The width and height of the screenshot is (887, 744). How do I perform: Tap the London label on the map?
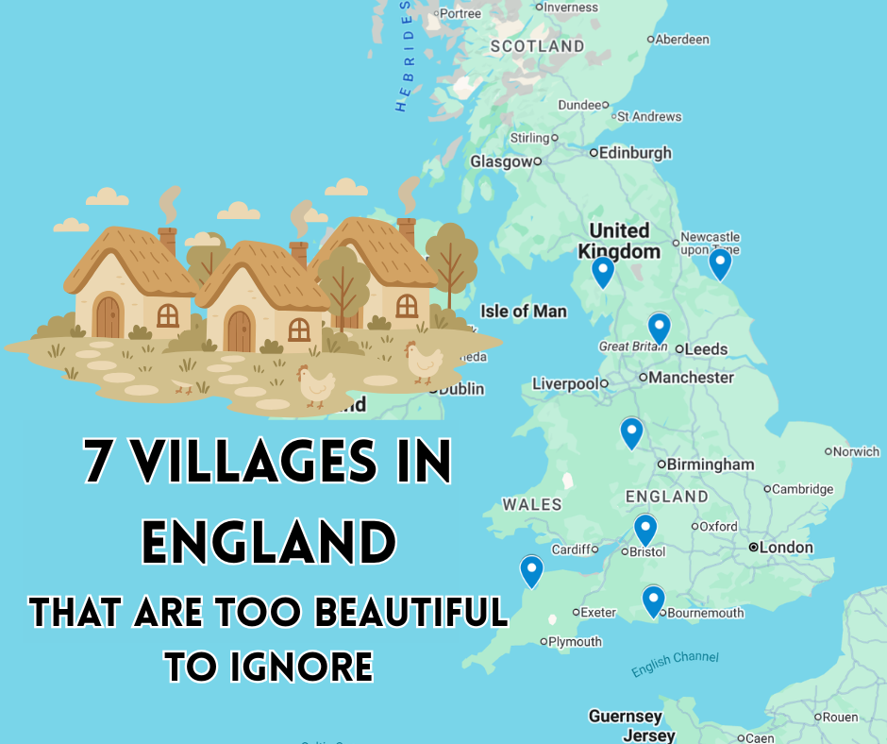(786, 548)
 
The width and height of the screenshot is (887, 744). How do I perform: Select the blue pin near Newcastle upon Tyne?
(720, 263)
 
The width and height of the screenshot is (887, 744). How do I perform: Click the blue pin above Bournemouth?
(653, 600)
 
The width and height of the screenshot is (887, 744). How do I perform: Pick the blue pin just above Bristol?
(645, 530)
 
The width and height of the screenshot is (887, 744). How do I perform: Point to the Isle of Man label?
(524, 312)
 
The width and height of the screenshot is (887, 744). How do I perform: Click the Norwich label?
(856, 452)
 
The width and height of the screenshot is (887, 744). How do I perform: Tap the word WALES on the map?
(532, 505)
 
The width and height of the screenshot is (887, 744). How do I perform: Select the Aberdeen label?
(682, 40)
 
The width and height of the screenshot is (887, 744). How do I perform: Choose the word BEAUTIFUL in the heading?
(410, 613)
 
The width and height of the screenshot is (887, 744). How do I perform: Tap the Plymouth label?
(575, 642)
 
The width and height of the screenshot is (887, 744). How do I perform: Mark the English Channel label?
(675, 664)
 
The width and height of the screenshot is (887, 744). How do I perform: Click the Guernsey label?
(625, 717)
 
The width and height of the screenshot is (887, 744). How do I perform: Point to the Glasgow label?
(501, 162)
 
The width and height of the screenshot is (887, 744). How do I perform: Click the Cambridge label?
(802, 489)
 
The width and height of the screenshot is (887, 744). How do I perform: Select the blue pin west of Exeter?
(532, 571)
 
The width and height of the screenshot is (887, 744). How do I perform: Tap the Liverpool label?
(565, 384)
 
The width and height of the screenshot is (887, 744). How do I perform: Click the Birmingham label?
(711, 465)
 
